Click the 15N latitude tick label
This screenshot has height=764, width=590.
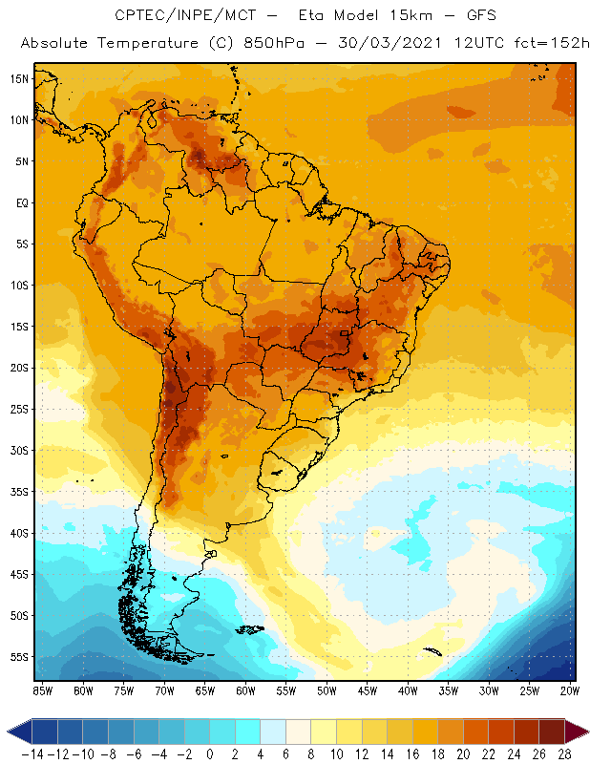tap(18, 78)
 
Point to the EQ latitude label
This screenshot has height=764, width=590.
tap(20, 202)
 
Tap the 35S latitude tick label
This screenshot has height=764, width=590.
tap(18, 492)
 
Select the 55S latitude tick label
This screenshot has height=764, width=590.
tap(18, 657)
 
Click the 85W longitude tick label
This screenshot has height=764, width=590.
tap(42, 690)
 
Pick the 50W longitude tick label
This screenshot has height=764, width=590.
tap(327, 690)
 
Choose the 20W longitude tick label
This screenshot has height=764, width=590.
tap(571, 690)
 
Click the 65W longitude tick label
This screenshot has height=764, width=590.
tap(204, 690)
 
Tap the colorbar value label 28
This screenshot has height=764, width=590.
tap(564, 754)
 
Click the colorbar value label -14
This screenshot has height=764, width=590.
tap(32, 754)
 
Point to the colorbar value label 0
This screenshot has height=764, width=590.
tap(210, 754)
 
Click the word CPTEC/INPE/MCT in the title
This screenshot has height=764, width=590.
tap(172, 16)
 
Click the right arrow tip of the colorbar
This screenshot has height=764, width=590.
tap(585, 732)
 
